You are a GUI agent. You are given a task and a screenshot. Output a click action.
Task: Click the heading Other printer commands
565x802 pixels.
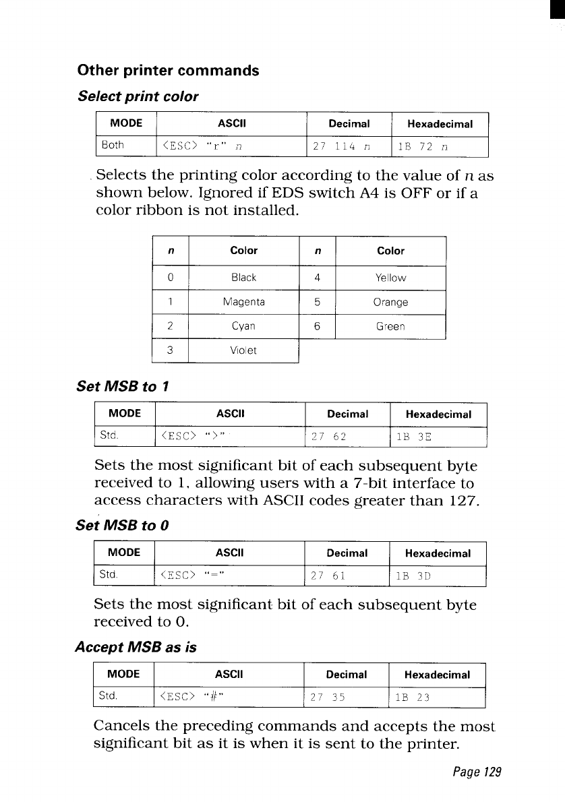(169, 71)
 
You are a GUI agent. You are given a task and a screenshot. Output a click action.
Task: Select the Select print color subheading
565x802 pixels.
(138, 96)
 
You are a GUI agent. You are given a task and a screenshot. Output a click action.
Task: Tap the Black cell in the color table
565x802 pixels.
(243, 278)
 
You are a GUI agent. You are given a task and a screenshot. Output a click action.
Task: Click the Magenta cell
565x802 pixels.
(243, 302)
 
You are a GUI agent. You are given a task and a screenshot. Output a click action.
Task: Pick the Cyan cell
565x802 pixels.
(243, 326)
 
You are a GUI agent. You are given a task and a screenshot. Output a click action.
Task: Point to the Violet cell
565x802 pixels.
(243, 350)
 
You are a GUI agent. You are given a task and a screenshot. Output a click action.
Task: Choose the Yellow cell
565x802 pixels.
(390, 278)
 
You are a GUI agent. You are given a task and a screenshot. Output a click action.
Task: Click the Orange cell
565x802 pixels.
(390, 302)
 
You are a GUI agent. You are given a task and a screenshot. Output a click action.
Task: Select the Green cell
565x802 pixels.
(390, 326)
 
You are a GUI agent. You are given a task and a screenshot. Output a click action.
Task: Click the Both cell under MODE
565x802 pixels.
(113, 146)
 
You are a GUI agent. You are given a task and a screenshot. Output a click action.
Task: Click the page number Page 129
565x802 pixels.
(477, 772)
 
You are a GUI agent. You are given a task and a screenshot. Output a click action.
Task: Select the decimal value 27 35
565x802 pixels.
(328, 698)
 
